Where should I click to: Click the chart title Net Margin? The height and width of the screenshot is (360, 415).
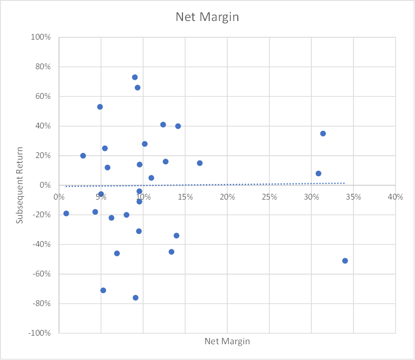click(207, 17)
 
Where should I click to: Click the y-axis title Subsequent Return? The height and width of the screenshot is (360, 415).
click(20, 185)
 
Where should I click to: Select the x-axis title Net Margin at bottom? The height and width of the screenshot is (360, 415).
click(227, 341)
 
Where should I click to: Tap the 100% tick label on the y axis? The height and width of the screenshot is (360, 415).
click(41, 37)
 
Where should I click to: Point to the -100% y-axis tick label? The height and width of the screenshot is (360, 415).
click(40, 333)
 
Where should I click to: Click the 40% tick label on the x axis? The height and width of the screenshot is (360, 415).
click(395, 197)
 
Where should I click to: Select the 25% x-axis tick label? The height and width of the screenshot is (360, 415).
click(269, 197)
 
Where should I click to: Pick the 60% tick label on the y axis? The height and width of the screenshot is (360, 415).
click(43, 96)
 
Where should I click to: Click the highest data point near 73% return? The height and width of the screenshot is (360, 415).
click(135, 77)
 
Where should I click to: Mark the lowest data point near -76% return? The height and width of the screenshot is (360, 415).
click(136, 298)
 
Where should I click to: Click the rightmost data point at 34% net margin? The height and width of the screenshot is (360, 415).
click(345, 261)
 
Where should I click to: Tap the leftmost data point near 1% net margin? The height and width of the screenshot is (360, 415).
click(66, 213)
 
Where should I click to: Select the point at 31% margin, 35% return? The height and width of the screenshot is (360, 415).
click(323, 133)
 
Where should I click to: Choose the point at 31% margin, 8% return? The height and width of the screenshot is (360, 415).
click(319, 173)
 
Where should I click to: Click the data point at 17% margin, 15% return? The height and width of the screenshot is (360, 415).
click(200, 163)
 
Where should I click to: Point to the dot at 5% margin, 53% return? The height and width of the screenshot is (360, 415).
click(100, 106)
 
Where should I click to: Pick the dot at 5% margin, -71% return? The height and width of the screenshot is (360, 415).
click(103, 290)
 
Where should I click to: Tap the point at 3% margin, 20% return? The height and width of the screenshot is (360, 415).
click(83, 156)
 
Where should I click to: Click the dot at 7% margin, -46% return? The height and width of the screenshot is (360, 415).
click(117, 254)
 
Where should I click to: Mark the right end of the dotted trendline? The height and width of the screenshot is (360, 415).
click(344, 183)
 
